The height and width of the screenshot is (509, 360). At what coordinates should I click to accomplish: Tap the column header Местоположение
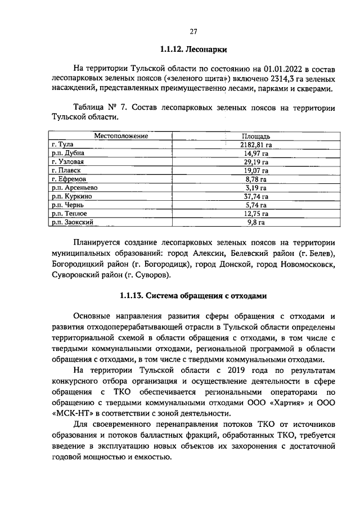[120, 136]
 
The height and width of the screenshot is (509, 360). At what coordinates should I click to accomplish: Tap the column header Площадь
[256, 136]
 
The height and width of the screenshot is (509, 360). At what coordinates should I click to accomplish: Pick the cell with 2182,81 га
[256, 145]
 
